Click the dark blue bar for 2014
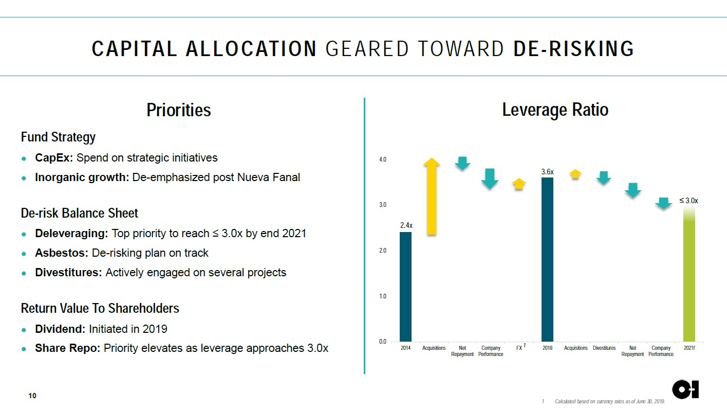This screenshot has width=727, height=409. pyautogui.click(x=405, y=287)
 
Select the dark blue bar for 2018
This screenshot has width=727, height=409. pyautogui.click(x=547, y=259)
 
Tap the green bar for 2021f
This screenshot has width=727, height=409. pyautogui.click(x=689, y=278)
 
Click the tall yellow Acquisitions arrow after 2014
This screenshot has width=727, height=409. pyautogui.click(x=432, y=196)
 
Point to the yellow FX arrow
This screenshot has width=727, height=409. pyautogui.click(x=519, y=184)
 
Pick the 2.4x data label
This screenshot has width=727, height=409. pyautogui.click(x=406, y=225)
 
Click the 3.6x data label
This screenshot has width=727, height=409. pyautogui.click(x=547, y=171)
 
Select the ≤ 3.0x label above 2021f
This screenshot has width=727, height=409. pyautogui.click(x=688, y=201)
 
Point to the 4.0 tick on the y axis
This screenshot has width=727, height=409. pyautogui.click(x=383, y=159)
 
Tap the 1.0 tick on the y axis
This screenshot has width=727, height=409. pyautogui.click(x=383, y=296)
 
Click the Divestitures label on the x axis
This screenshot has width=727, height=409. pyautogui.click(x=604, y=348)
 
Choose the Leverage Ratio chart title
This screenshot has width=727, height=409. pyautogui.click(x=555, y=110)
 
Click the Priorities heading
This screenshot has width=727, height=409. pyautogui.click(x=178, y=110)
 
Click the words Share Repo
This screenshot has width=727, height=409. pyautogui.click(x=67, y=348)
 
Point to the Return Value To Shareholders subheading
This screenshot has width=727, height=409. pyautogui.click(x=100, y=308)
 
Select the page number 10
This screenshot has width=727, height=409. pyautogui.click(x=32, y=396)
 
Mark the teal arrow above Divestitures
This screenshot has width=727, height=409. pyautogui.click(x=604, y=177)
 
